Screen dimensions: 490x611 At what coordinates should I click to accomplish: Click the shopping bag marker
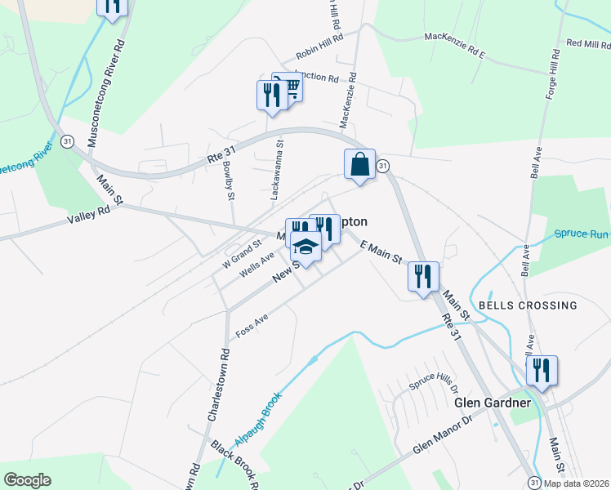pos(359,166)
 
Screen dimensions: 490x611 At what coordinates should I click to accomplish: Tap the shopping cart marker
pos(288,87)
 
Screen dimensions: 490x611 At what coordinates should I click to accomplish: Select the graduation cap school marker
pos(305,246)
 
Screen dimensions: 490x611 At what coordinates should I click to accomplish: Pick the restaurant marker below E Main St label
pos(423,277)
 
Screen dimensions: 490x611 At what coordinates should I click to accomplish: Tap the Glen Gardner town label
pos(493,403)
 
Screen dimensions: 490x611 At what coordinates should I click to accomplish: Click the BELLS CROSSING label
pos(528,305)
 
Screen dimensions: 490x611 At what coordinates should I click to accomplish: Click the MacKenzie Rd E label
pos(455,46)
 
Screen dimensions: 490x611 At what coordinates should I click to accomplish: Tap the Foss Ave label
pos(252,326)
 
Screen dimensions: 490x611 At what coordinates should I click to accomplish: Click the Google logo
pos(27,480)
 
